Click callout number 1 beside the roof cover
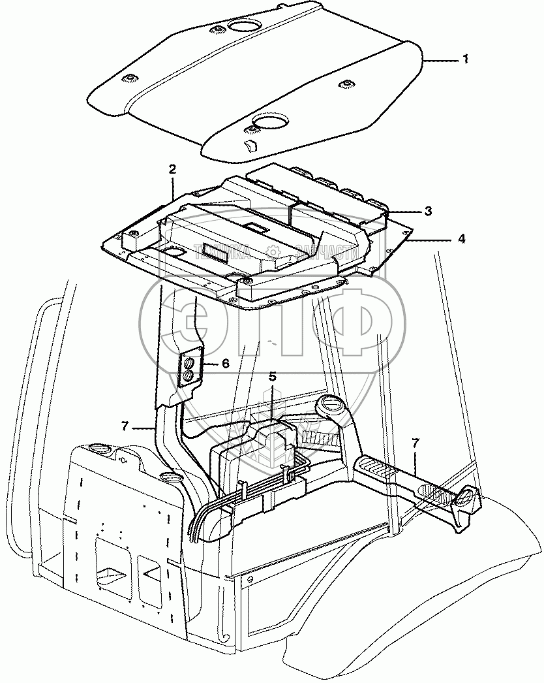tap(465, 59)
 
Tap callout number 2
tap(173, 169)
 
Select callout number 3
tap(428, 211)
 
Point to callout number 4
tap(461, 239)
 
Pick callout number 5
tap(273, 377)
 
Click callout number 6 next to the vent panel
tap(225, 364)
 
